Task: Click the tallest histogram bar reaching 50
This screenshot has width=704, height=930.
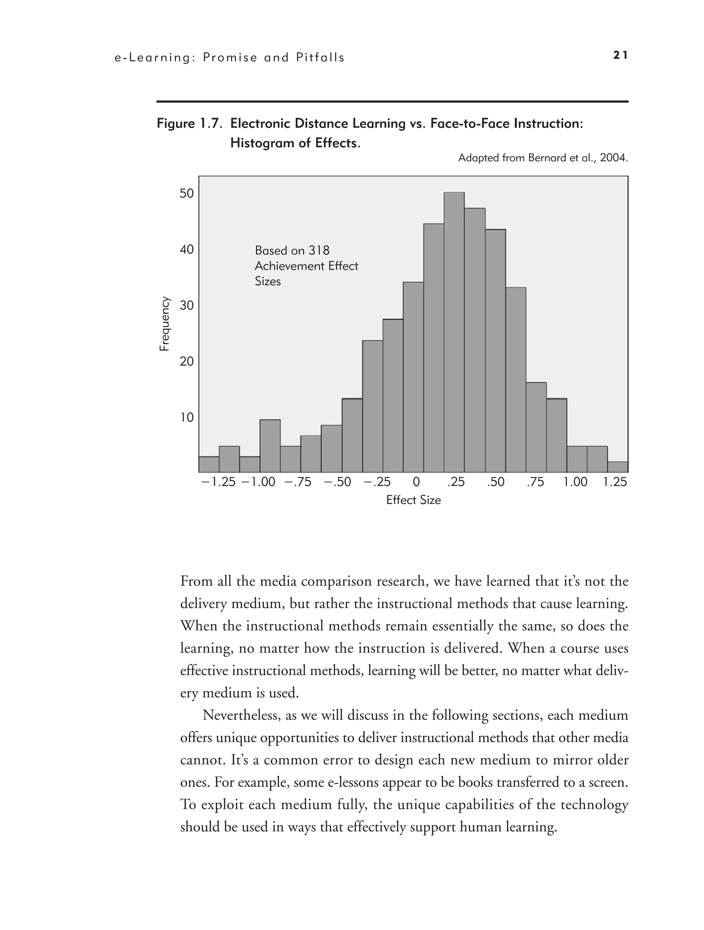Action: click(454, 332)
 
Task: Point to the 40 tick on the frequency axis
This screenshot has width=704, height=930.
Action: click(187, 250)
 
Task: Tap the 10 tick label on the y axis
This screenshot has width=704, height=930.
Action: click(187, 418)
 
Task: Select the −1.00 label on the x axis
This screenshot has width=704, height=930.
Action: click(258, 482)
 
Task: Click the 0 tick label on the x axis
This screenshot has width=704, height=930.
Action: click(416, 482)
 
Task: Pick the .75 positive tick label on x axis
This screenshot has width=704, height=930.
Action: click(535, 482)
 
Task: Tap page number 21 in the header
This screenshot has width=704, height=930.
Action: click(620, 55)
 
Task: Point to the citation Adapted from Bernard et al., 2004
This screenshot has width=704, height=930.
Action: click(542, 158)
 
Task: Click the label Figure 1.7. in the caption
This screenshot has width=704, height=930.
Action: click(190, 124)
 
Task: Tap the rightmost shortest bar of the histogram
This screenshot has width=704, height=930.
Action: click(617, 467)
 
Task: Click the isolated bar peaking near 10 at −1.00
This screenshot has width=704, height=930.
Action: click(270, 446)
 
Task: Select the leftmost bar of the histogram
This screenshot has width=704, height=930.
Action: click(209, 465)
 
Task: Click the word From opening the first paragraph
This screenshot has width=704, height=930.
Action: click(196, 582)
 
